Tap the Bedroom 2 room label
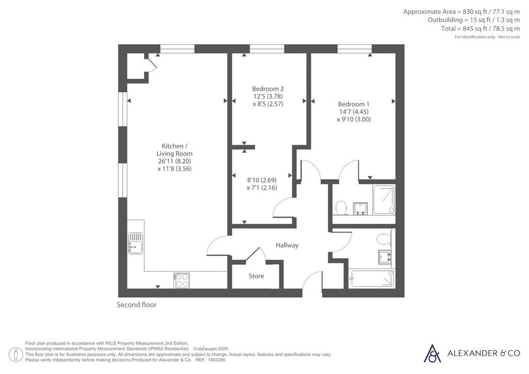268,89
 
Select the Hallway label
287,245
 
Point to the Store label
256,276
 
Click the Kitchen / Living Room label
175,150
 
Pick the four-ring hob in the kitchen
182,280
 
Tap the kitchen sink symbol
136,243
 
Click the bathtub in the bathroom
372,278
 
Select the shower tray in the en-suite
384,199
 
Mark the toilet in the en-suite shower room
341,208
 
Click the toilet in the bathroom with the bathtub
384,239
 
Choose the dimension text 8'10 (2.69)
262,180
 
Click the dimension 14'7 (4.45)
354,112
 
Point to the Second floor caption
136,305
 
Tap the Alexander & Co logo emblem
432,353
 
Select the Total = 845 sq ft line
480,28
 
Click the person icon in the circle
15,355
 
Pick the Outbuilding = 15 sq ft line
474,20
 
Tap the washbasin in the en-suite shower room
360,209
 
